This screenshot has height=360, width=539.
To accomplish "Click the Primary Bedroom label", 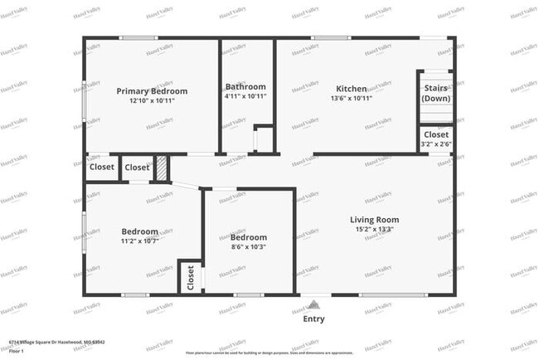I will [x=152, y=91].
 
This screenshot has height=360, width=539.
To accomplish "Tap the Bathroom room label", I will [x=245, y=87].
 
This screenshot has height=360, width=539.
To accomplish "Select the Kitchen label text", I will [x=351, y=89].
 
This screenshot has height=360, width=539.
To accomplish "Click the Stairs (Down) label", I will [x=435, y=93].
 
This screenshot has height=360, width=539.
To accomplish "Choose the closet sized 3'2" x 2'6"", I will [x=436, y=139].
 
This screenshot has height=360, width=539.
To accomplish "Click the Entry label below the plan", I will [x=313, y=319].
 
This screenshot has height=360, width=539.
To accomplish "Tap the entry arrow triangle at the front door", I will [x=313, y=304].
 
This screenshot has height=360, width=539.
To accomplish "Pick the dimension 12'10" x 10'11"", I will [x=152, y=100].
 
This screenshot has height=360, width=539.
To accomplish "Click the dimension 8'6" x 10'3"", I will [x=249, y=246].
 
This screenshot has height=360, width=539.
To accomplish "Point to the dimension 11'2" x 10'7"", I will [x=140, y=241].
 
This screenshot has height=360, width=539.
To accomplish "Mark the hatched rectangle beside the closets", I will [x=163, y=168].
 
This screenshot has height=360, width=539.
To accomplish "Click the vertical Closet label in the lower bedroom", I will [x=191, y=276].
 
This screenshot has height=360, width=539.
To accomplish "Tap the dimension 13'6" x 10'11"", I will [x=351, y=98].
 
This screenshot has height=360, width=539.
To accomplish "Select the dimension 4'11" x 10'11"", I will [x=245, y=96].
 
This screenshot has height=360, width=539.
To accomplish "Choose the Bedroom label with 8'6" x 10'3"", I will [x=249, y=237].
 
